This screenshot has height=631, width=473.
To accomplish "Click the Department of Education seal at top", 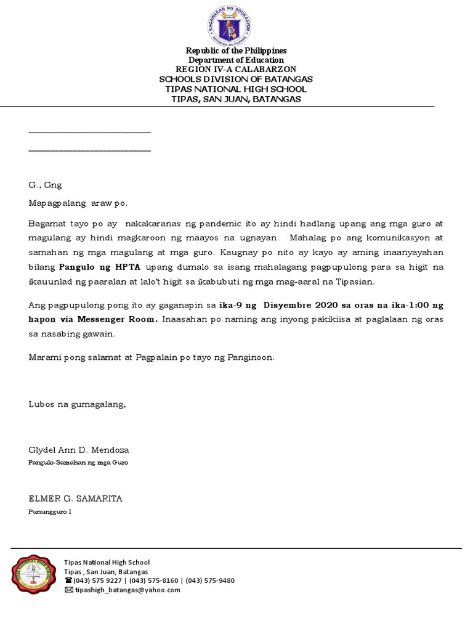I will pos(228,24).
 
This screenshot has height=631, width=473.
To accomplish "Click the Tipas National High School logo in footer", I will pos(36,574).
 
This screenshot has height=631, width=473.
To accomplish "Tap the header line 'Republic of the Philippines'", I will pos(236,51).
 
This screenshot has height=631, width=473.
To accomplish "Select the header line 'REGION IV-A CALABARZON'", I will pos(236,70).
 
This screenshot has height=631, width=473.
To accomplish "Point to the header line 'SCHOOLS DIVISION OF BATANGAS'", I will pos(236,79).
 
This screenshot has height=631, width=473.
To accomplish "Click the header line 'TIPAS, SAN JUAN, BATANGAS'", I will pos(236,99).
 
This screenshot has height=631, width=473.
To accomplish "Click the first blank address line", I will pos(90,132).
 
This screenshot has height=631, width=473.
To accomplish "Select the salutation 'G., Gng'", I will pos(46,185).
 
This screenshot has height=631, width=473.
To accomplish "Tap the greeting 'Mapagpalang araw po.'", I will pos(78,203).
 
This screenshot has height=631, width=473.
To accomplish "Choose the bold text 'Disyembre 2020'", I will pos(296,305).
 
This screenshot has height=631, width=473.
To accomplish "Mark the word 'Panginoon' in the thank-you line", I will pos(251,357).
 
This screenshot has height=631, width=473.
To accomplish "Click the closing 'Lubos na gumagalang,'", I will pos(77,404).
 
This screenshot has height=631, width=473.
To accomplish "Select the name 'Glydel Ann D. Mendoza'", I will pos(79,450).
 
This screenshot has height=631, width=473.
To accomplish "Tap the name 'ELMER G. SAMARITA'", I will pos(75,499).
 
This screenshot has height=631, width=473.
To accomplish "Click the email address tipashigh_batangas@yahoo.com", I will pos(127,590).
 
